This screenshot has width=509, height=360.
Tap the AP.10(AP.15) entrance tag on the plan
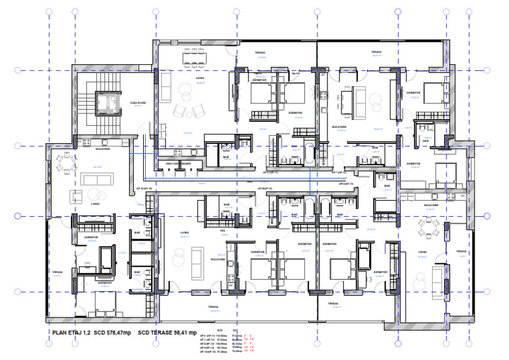coord(144,188)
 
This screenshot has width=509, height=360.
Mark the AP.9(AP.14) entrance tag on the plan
coord(266,188)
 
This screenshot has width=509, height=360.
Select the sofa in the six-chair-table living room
coord(164,85)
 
